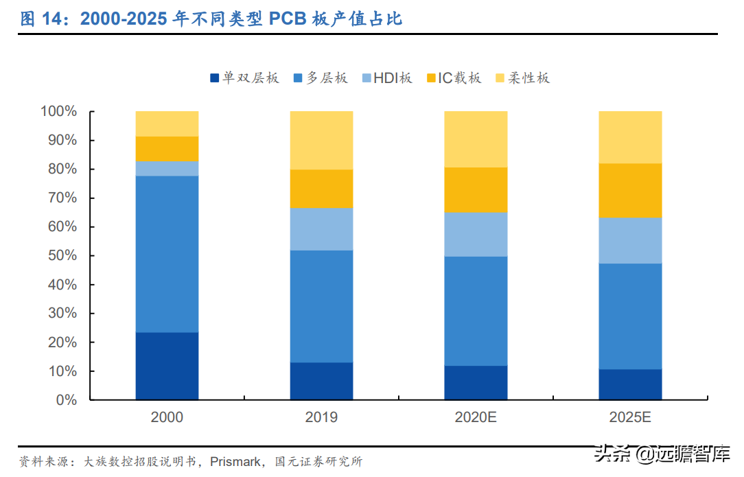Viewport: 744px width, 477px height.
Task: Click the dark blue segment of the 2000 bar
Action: point(167,366)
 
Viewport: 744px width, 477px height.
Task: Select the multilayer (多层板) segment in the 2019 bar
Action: point(321,306)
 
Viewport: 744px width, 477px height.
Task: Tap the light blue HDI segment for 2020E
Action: point(476,234)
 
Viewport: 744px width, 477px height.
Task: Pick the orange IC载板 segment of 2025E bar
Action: point(630,190)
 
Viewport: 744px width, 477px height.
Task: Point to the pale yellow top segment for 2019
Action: point(321,140)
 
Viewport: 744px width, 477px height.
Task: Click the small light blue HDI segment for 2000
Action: point(167,169)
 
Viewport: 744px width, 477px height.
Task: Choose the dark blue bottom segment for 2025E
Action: point(630,384)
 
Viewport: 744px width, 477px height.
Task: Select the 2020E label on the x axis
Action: point(476,417)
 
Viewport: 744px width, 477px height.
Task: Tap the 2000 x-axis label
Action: point(167,417)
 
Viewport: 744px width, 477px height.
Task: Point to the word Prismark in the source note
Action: point(235,461)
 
